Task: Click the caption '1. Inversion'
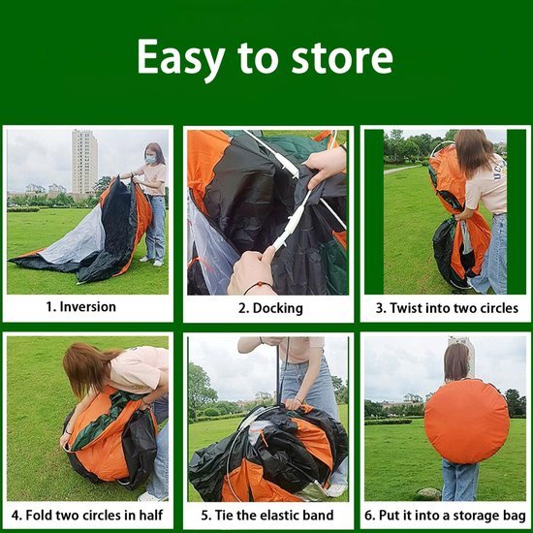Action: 81,307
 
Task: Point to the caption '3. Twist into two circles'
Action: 447,308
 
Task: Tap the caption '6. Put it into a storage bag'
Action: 447,514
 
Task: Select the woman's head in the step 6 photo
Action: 456,361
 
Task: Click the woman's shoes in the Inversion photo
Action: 150,260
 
